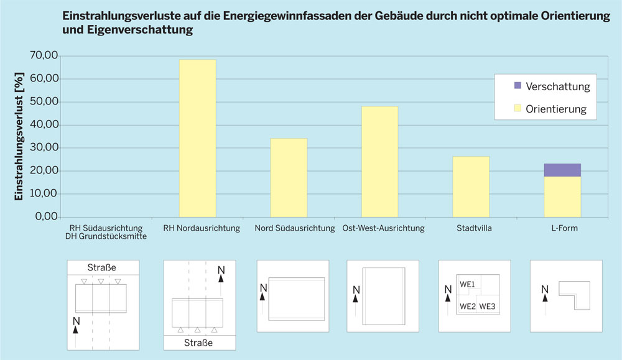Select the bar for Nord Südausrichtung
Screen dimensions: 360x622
(x=289, y=177)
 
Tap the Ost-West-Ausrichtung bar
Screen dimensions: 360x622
(x=379, y=162)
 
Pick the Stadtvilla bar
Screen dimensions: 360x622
(x=471, y=186)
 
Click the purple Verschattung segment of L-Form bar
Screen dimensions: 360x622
(x=562, y=170)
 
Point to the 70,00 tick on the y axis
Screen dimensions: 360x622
(x=44, y=56)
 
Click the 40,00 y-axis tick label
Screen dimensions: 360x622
(x=44, y=125)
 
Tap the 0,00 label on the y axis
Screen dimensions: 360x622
(x=46, y=217)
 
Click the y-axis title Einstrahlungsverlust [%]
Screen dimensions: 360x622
(x=19, y=136)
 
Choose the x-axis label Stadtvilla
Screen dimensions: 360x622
(x=471, y=228)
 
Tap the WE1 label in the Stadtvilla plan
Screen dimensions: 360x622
(x=468, y=284)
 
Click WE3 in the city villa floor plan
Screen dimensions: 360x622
(x=487, y=307)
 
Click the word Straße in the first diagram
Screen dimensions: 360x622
(x=103, y=268)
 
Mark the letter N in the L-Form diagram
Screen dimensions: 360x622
(x=545, y=288)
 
